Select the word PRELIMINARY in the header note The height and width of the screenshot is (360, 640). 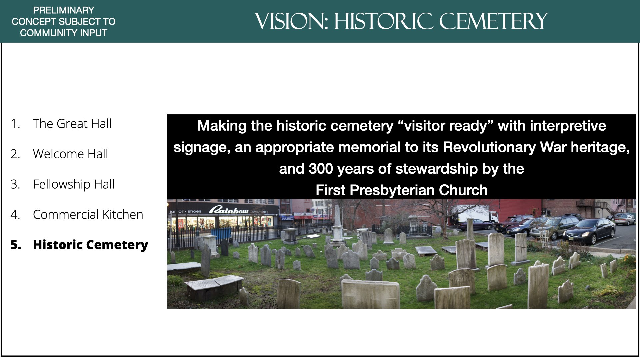click(64, 10)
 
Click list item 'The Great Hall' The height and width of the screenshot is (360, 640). click(72, 124)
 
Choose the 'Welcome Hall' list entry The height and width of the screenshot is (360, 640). click(70, 154)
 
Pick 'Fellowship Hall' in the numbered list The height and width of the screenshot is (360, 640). click(74, 184)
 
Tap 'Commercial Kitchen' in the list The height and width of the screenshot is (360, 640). click(88, 215)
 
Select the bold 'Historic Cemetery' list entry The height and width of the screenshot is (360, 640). click(90, 245)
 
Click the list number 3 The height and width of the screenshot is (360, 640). click(15, 184)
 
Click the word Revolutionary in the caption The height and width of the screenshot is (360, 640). click(489, 147)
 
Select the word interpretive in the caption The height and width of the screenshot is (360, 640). click(568, 126)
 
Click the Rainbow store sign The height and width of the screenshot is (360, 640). click(228, 210)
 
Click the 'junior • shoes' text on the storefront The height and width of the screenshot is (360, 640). click(185, 211)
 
